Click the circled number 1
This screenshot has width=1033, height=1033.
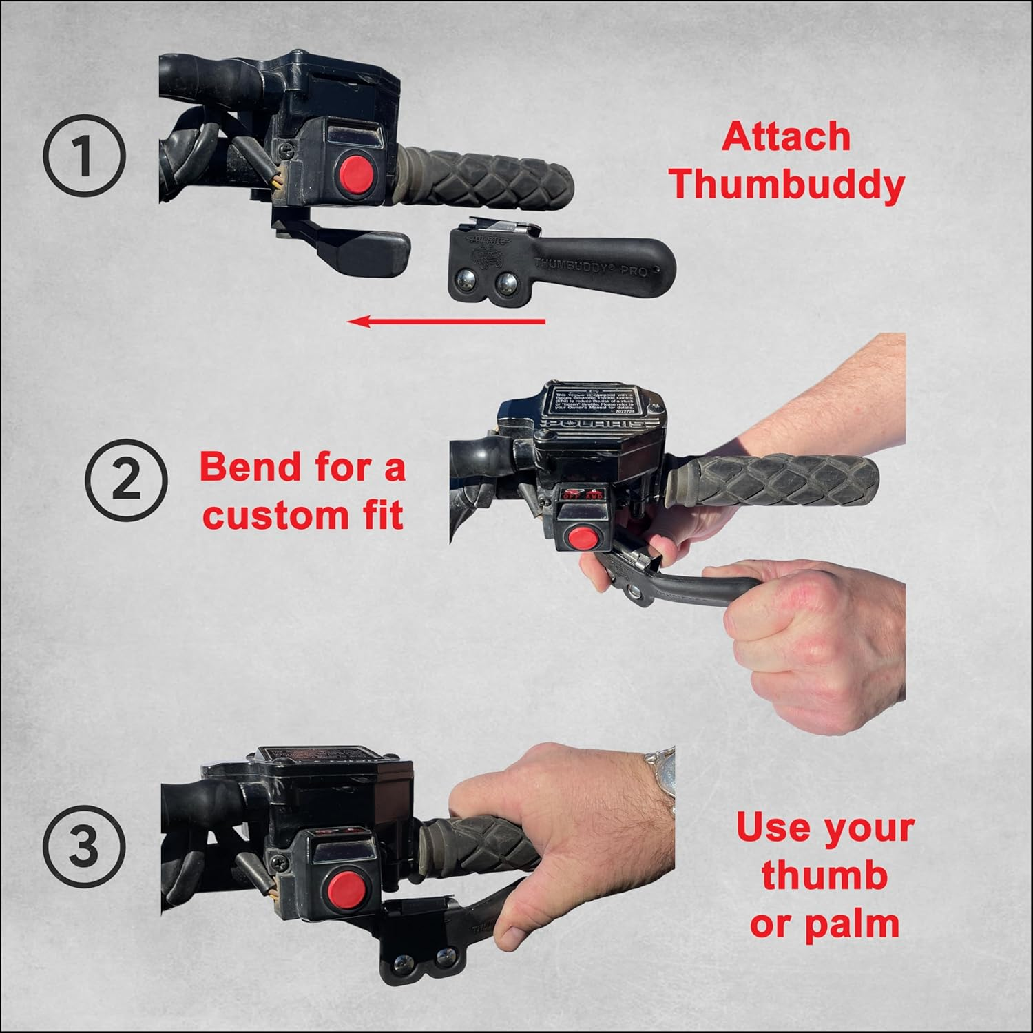click(84, 156)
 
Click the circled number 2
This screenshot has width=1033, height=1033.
click(125, 479)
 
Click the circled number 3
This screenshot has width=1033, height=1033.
click(84, 845)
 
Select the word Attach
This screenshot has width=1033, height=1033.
click(786, 136)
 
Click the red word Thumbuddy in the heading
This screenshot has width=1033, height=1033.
click(787, 185)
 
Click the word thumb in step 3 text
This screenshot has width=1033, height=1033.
click(824, 875)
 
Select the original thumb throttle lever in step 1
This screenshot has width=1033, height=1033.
click(365, 245)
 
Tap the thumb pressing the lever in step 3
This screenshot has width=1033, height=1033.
click(506, 926)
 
